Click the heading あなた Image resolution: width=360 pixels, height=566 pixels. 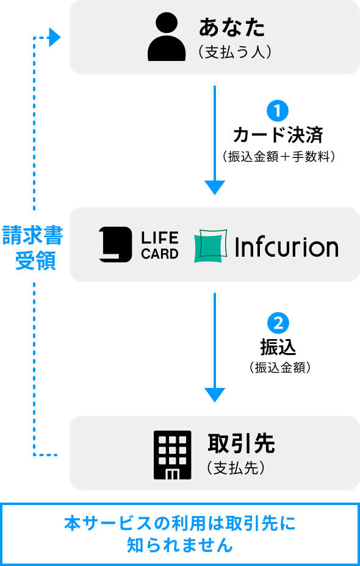[x=232, y=27]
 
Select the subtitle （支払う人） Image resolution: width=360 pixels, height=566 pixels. [x=234, y=53]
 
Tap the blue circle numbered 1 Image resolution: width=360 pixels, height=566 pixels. [x=278, y=111]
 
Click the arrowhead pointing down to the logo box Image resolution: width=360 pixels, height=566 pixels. [x=214, y=187]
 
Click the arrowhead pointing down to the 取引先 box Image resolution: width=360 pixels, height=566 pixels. [x=214, y=395]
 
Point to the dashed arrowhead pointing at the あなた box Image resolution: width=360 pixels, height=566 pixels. [x=55, y=38]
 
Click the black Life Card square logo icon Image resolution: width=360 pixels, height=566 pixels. [x=115, y=245]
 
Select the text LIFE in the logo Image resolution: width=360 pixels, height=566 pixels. [x=160, y=237]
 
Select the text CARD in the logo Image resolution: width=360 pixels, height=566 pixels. [x=160, y=254]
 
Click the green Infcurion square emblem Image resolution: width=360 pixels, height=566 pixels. [x=211, y=246]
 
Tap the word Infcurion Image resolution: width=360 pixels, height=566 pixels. [x=286, y=246]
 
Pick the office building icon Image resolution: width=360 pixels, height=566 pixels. [x=171, y=454]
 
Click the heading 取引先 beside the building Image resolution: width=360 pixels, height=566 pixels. [x=241, y=444]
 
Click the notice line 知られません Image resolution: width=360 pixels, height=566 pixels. [x=180, y=545]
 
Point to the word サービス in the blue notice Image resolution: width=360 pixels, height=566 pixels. [x=115, y=523]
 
